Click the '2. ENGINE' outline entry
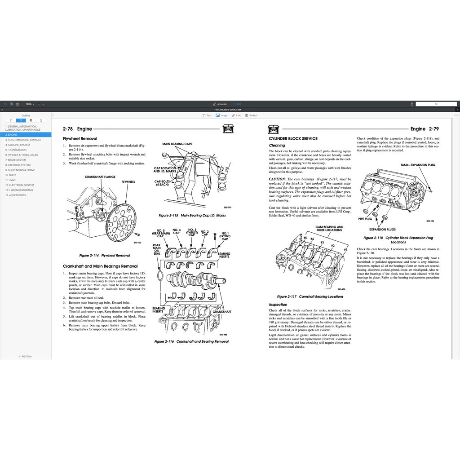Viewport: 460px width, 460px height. click(x=12, y=135)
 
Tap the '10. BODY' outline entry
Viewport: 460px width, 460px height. click(x=10, y=175)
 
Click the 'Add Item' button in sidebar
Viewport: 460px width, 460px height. click(x=26, y=356)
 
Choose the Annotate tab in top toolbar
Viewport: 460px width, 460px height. click(x=220, y=104)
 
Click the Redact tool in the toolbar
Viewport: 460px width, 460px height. click(x=252, y=115)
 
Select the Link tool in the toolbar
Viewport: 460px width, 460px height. click(x=236, y=115)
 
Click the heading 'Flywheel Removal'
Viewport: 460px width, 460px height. click(x=80, y=139)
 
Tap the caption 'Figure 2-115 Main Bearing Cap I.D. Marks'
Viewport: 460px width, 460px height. click(x=192, y=216)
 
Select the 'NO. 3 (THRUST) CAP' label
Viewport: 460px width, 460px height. click(x=191, y=231)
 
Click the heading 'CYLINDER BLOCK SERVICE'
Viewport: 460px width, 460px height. click(x=293, y=139)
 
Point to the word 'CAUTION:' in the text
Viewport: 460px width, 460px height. click(x=277, y=179)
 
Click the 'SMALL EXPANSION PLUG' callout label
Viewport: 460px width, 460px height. click(x=418, y=165)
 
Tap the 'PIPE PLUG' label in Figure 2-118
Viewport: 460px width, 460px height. click(x=365, y=219)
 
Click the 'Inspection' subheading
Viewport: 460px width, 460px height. click(x=278, y=305)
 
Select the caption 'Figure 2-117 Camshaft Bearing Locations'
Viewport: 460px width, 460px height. click(x=310, y=296)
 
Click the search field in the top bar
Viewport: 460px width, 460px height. click(x=436, y=104)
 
